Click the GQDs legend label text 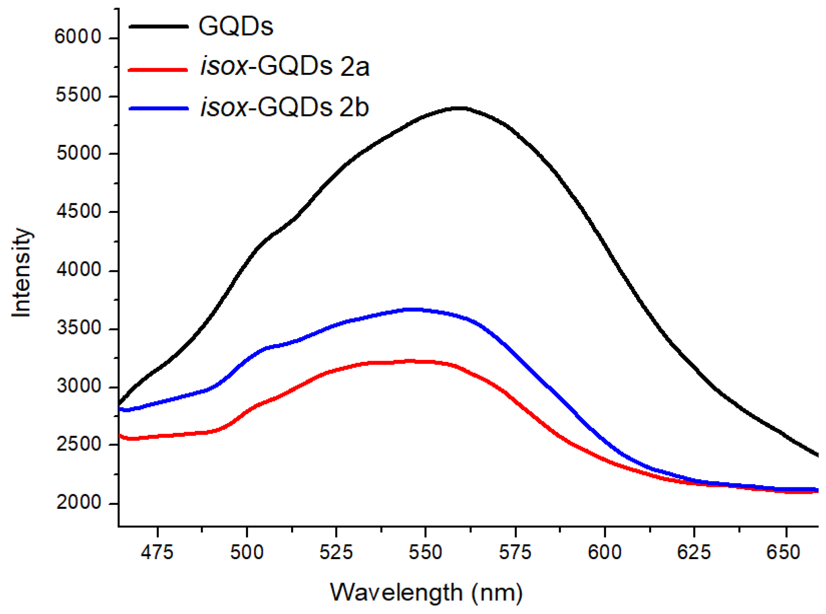[236, 26]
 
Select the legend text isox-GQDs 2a [285, 66]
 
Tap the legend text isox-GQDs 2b [285, 107]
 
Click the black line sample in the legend [158, 26]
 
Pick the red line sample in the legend [158, 69]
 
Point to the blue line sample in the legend [158, 108]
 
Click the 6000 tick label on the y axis [78, 37]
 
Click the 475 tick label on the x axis [157, 552]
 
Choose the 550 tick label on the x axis [425, 552]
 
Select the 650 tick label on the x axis [783, 552]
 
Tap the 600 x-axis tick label [604, 552]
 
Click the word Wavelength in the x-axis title [396, 593]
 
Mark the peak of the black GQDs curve [460, 108]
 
